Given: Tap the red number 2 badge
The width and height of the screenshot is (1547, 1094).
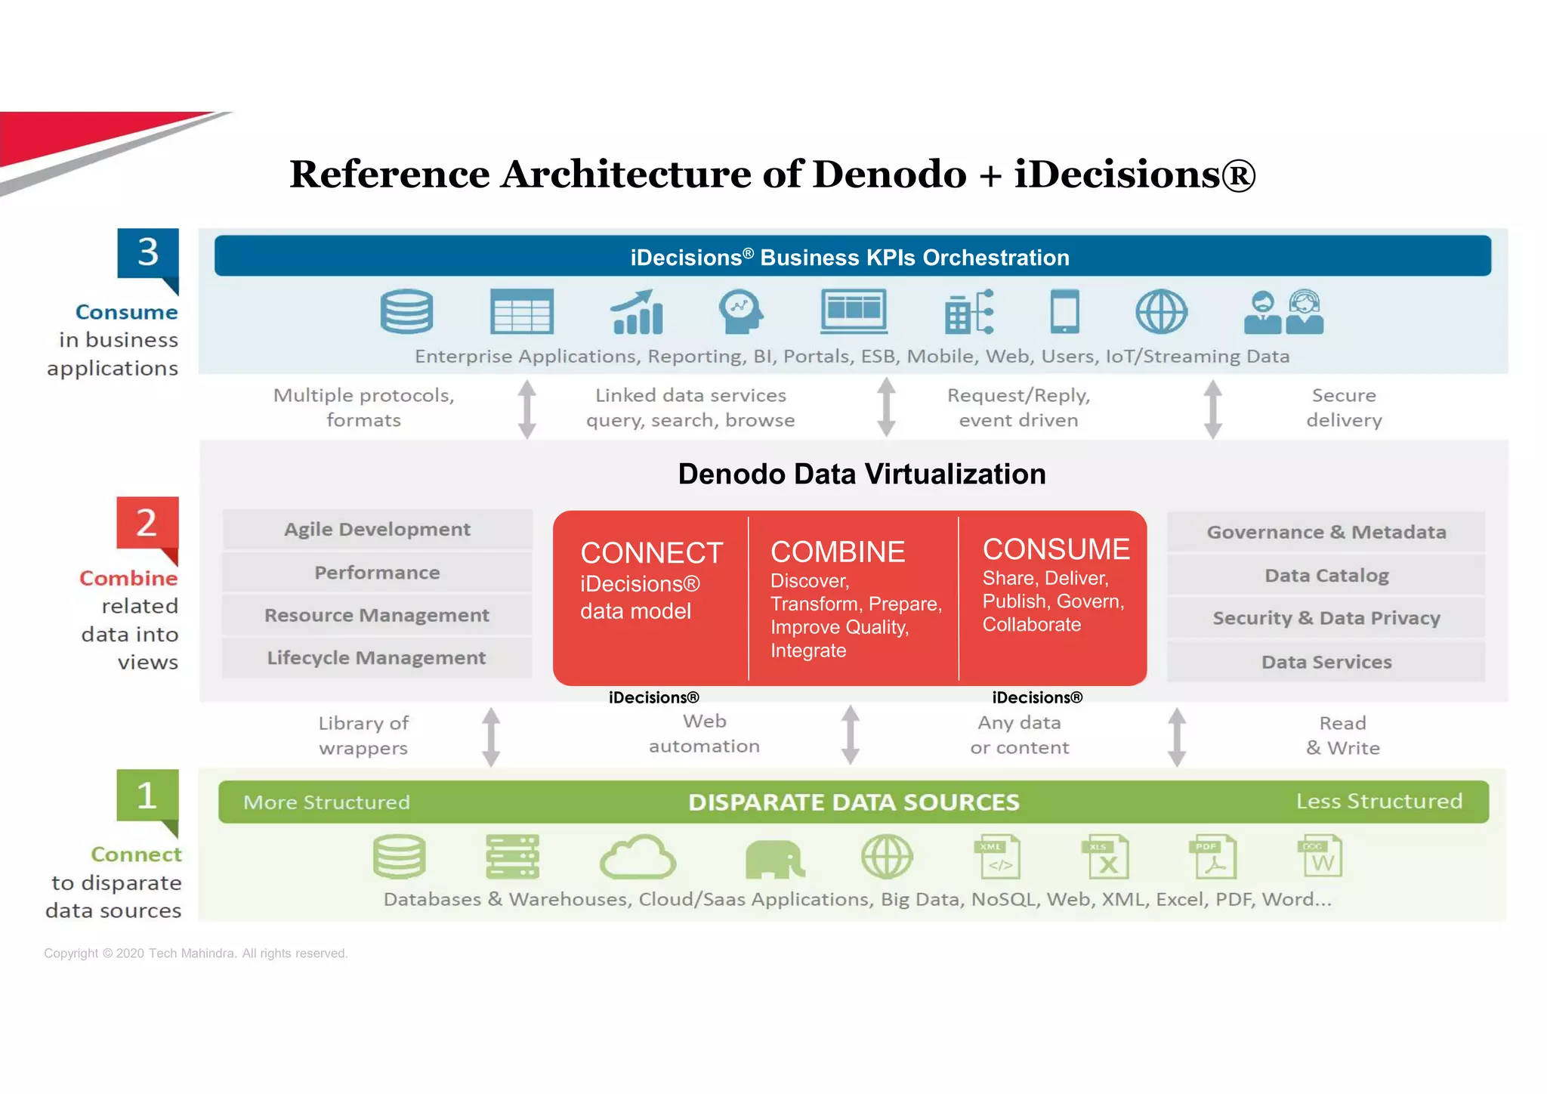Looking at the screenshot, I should coord(147,523).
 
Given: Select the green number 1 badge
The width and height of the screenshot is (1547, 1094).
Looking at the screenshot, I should coord(147,796).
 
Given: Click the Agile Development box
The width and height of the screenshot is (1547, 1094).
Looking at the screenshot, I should coord(377,530).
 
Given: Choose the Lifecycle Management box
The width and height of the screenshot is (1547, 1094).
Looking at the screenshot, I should coord(377,658).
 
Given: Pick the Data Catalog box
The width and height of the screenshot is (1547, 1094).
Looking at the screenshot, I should coord(1326,576).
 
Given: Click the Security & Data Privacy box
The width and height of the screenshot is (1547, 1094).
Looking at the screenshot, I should coord(1326,618).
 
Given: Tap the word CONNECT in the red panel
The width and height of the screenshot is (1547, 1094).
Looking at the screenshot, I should coord(651,553).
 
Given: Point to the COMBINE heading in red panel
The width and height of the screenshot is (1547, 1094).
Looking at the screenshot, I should coord(837,552).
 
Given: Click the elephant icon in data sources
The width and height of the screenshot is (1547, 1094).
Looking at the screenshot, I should coord(773,859).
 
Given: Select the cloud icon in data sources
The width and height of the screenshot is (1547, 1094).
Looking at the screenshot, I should coord(638,858).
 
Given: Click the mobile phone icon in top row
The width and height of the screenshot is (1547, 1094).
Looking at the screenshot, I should coord(1064,311).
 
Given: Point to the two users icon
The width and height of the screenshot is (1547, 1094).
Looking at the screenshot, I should coord(1283,312).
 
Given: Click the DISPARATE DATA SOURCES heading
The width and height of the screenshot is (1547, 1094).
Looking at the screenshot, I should coord(854,802).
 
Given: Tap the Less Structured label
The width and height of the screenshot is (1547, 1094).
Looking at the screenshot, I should coord(1379,802).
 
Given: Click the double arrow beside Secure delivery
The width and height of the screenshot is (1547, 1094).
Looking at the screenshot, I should coord(1212,409).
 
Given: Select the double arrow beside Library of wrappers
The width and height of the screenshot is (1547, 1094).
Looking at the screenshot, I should coord(491,737).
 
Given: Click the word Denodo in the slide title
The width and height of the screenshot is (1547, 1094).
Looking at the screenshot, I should coord(889,175).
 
